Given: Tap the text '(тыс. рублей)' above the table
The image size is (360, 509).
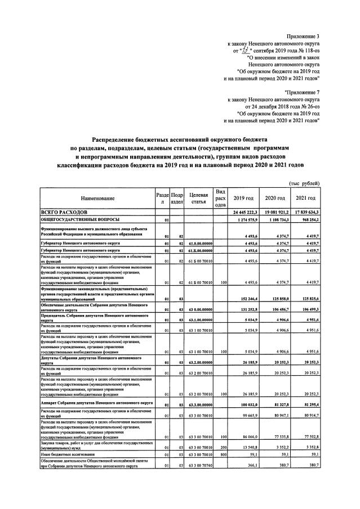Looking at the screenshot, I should point(304,183).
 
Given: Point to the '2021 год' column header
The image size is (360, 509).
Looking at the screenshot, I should point(305,198).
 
